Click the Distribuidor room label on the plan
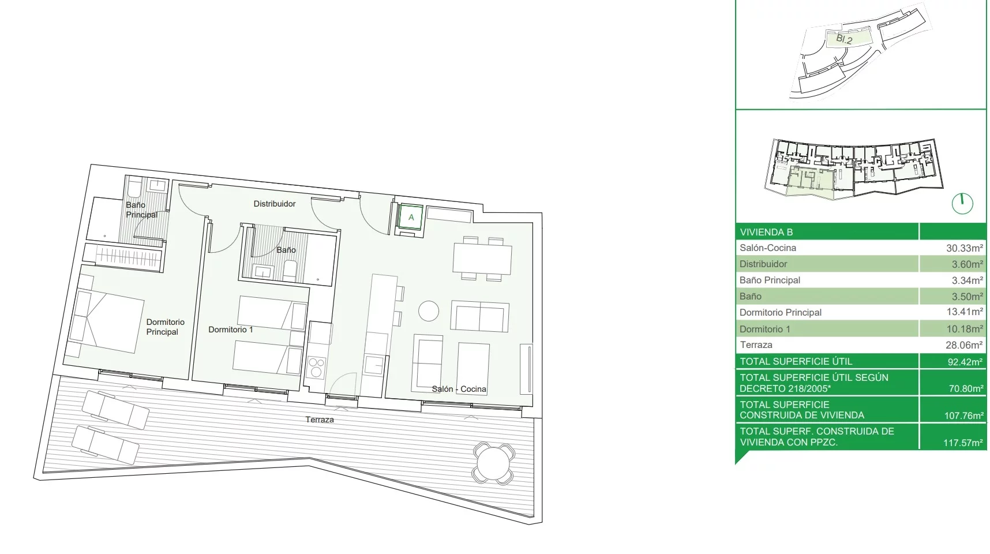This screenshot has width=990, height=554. tap(275, 204)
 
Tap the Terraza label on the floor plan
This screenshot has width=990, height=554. tap(320, 420)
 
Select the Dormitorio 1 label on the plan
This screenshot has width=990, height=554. tap(231, 330)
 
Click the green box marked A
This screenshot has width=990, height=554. tap(411, 218)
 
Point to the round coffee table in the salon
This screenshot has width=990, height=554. tap(429, 311)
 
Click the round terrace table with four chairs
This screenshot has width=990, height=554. tap(493, 463)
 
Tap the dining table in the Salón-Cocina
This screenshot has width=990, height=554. tap(482, 259)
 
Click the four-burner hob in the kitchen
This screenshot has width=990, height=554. tap(317, 368)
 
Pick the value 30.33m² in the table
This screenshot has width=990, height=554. tap(964, 248)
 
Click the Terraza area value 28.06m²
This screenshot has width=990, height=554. tap(963, 345)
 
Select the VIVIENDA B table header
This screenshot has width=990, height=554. tap(766, 232)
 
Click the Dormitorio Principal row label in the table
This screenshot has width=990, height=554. tap(781, 312)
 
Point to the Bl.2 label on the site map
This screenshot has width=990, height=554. tap(844, 39)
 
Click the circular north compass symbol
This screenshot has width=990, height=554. tap(962, 203)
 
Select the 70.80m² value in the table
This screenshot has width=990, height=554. tap(966, 388)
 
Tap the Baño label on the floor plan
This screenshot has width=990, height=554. tap(286, 250)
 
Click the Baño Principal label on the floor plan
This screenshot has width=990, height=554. tap(141, 209)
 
